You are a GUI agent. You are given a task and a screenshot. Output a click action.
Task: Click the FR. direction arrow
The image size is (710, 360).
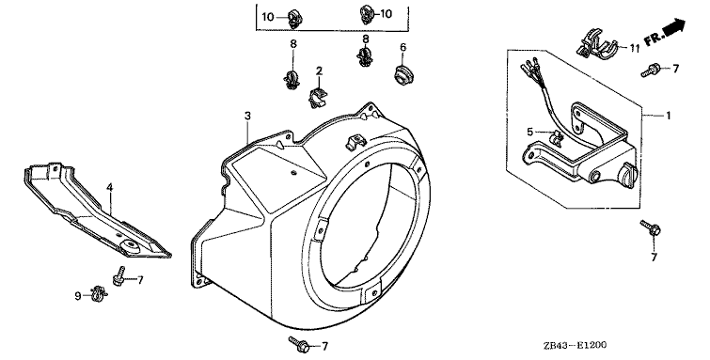[x=673, y=26]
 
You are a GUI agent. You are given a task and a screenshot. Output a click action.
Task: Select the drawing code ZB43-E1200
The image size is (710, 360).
[x=576, y=346]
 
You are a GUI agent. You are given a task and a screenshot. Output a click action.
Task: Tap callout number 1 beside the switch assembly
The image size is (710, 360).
[x=668, y=116]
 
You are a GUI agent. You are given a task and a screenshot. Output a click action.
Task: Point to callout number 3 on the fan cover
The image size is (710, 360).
[x=247, y=116]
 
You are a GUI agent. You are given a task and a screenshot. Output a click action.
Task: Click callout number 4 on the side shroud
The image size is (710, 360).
[x=109, y=187]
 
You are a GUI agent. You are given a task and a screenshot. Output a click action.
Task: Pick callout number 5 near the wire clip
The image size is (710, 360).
[x=530, y=133]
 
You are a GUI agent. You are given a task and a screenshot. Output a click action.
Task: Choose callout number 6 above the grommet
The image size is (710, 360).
[x=403, y=47]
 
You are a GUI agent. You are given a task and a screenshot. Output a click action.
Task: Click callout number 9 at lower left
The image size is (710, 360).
[x=78, y=296]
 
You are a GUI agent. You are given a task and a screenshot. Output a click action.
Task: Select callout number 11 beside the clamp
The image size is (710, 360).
[x=634, y=48]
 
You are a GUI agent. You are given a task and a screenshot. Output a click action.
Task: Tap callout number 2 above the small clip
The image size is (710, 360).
[x=319, y=70]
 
